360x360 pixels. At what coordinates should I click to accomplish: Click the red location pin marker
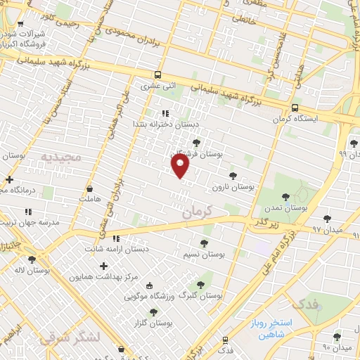[x=181, y=166]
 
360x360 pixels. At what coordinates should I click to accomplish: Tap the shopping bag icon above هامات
[x=89, y=188]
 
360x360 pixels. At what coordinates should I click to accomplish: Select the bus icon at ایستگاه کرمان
[x=294, y=108]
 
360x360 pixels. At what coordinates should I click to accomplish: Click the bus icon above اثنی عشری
[x=157, y=75]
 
